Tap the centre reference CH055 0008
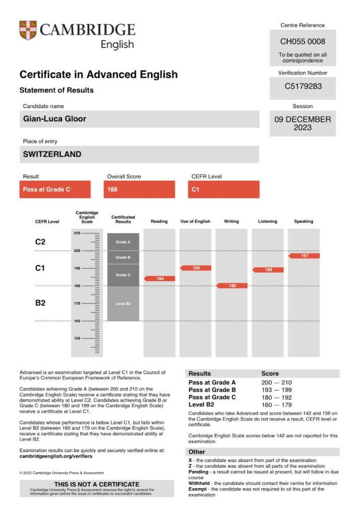click(x=303, y=42)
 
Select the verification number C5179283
click(x=303, y=86)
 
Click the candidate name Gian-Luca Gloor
click(x=54, y=119)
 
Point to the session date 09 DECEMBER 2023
click(x=303, y=123)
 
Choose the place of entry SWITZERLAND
click(x=52, y=154)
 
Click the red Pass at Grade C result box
click(x=55, y=190)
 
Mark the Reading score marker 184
click(x=160, y=278)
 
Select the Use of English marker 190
click(x=196, y=268)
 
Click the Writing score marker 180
click(x=232, y=286)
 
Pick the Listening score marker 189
click(x=268, y=270)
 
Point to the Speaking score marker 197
click(x=304, y=256)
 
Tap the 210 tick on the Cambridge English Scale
click(x=77, y=233)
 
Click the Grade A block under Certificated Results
click(x=123, y=242)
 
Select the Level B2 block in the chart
click(x=123, y=303)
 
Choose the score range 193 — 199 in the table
click(x=276, y=390)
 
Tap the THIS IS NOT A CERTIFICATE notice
click(x=97, y=484)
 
